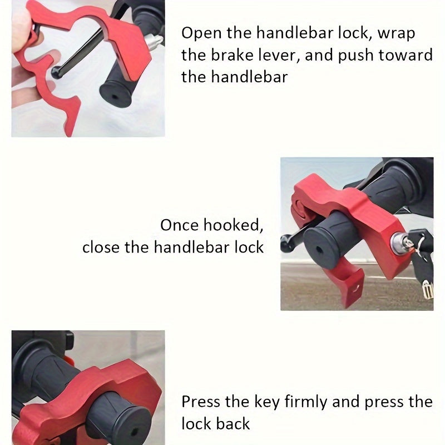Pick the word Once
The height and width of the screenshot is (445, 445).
(180, 225)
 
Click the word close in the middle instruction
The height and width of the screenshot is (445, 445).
(101, 247)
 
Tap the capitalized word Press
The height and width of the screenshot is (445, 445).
(201, 402)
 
